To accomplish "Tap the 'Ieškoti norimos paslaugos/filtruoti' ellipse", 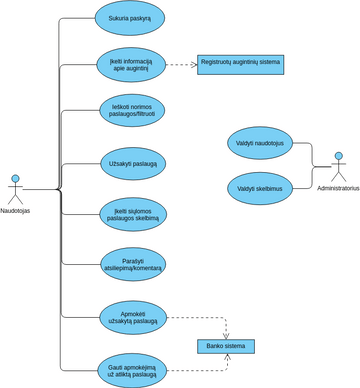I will pos(132,110).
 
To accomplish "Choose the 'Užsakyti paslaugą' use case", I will pos(133,163).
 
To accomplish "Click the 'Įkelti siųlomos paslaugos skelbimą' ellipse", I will pos(133,214).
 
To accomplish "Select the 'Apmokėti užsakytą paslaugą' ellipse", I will pos(133,318).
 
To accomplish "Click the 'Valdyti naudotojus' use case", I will pos(260,143).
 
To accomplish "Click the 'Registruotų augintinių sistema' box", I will pos(240,65).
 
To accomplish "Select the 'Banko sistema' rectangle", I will pos(225,347).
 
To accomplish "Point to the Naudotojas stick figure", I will pos(15,189).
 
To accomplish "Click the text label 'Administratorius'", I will pos(337,188).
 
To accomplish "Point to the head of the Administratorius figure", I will pos(338,156).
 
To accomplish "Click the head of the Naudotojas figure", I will pos(15,178).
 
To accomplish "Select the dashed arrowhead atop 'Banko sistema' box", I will pos(226,336).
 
